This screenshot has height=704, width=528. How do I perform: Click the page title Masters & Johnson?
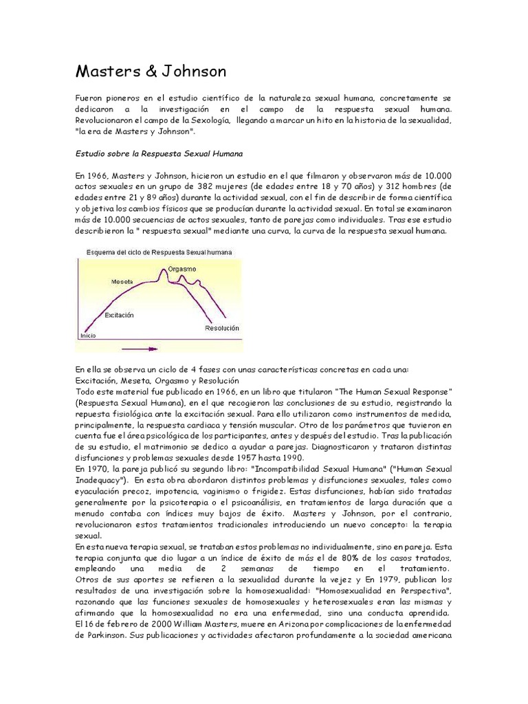click(x=150, y=71)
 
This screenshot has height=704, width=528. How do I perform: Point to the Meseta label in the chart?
click(x=122, y=282)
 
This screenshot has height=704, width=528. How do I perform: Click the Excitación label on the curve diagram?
click(x=119, y=314)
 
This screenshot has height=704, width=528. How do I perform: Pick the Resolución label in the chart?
click(x=221, y=329)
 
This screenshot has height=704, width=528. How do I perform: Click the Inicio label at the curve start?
click(x=88, y=335)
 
